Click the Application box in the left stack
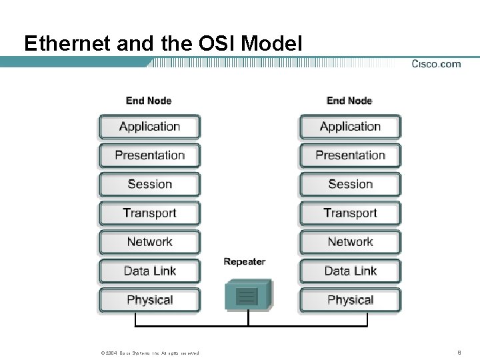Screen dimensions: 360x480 pyautogui.click(x=149, y=127)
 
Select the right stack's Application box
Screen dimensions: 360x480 pyautogui.click(x=350, y=127)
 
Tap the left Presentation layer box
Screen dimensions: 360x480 pyautogui.click(x=149, y=155)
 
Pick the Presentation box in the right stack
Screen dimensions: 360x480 pyautogui.click(x=350, y=155)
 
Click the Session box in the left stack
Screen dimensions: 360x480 pyautogui.click(x=149, y=184)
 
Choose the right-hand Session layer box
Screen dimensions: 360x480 pyautogui.click(x=350, y=184)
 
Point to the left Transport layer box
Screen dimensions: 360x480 pyautogui.click(x=149, y=213)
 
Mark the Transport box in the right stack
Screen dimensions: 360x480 pyautogui.click(x=350, y=213)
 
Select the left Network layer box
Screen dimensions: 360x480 pyautogui.click(x=149, y=242)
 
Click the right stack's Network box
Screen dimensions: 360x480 pyautogui.click(x=350, y=242)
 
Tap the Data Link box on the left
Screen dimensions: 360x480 pyautogui.click(x=149, y=271)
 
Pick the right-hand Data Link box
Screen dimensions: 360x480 pyautogui.click(x=350, y=271)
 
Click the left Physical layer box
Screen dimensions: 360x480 pyautogui.click(x=149, y=300)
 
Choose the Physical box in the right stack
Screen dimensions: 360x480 pyautogui.click(x=350, y=300)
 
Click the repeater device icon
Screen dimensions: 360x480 pyautogui.click(x=248, y=295)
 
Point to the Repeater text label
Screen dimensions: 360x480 pyautogui.click(x=245, y=262)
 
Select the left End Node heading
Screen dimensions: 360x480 pyautogui.click(x=149, y=101)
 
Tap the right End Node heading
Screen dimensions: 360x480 pyautogui.click(x=349, y=101)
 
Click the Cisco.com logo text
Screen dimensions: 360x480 pyautogui.click(x=436, y=64)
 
